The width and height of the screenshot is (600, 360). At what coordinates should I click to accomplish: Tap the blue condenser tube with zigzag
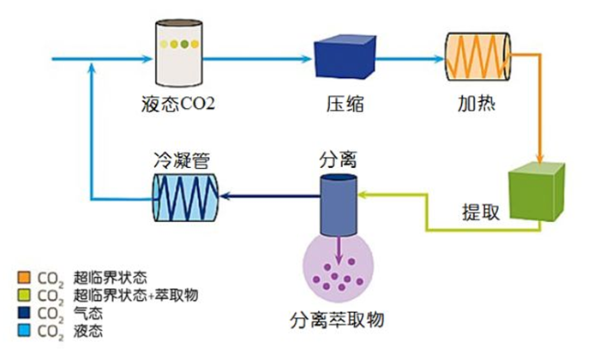[x=185, y=196]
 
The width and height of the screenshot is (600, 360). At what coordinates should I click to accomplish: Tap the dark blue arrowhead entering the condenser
[x=225, y=196]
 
